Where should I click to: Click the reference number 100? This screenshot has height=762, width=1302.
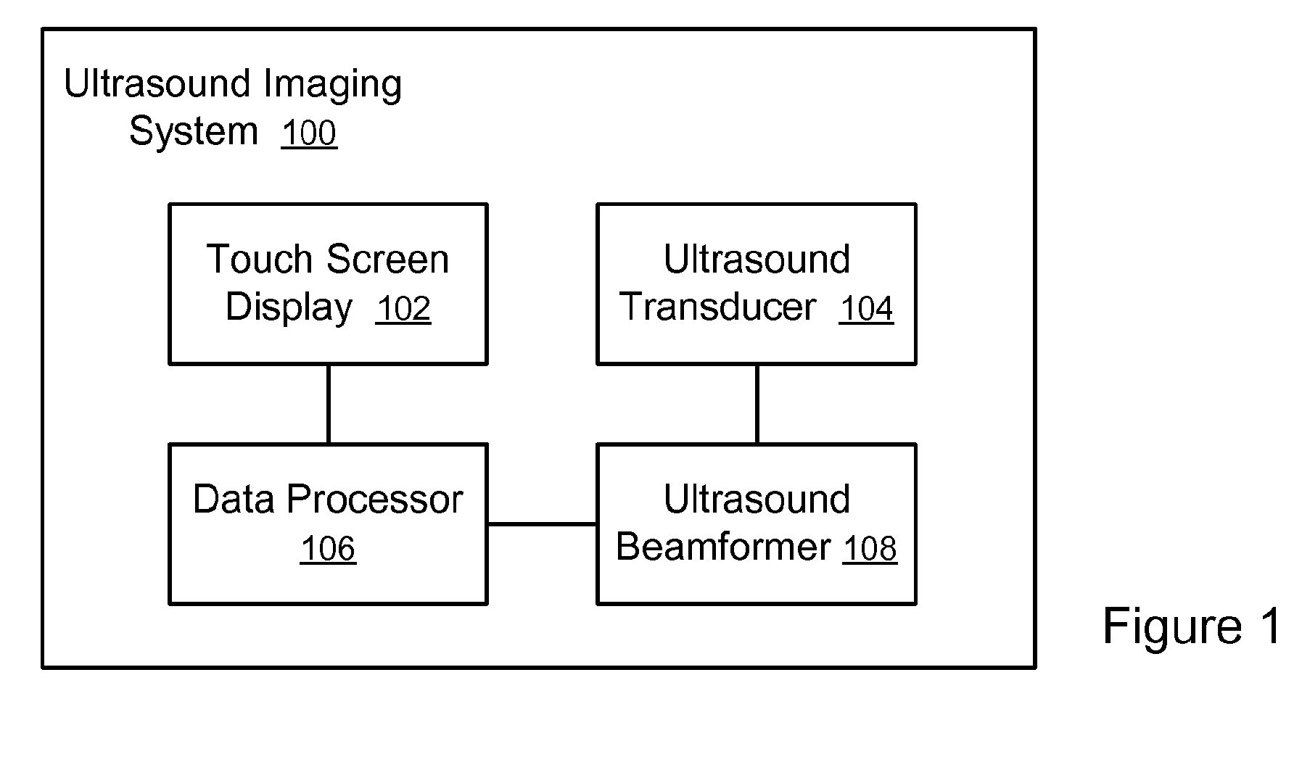click(309, 134)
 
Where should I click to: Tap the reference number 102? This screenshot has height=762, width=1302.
click(403, 309)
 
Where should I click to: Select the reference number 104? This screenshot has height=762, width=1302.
click(866, 309)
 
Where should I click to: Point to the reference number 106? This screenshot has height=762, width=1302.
click(328, 549)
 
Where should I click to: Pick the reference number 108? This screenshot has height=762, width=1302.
click(870, 549)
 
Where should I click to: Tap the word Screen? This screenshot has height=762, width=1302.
click(388, 260)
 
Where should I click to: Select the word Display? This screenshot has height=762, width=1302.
click(289, 307)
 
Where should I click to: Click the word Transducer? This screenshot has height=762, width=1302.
click(718, 307)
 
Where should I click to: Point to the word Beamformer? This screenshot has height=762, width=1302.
click(723, 547)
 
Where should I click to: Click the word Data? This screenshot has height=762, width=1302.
click(234, 500)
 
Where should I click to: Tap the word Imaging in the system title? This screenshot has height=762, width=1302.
click(332, 86)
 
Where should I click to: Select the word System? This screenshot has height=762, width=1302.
click(193, 132)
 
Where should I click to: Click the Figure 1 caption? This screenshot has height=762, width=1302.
click(1192, 626)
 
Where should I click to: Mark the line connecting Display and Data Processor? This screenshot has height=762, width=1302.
click(329, 404)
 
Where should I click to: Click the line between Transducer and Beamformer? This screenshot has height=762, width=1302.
click(757, 404)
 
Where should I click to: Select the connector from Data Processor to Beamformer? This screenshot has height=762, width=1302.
click(542, 523)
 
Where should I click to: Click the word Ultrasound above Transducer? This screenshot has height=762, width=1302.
click(757, 260)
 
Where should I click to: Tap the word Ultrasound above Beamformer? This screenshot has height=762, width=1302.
click(757, 500)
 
